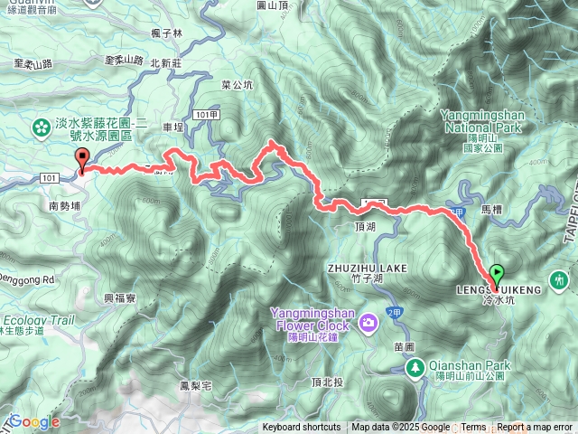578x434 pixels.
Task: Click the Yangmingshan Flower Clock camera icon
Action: click(x=368, y=323)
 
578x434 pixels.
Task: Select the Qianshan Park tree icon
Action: click(x=415, y=367)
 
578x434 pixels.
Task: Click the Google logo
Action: click(x=34, y=421)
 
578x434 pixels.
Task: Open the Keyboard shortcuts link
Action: click(x=302, y=428)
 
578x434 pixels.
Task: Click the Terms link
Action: click(x=473, y=428)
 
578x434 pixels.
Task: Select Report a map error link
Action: click(x=535, y=428)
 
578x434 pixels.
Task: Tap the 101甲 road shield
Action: click(x=207, y=114)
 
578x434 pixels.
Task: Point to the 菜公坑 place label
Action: click(x=237, y=85)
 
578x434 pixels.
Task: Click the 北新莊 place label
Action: click(x=166, y=63)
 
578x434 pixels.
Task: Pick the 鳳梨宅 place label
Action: click(x=195, y=385)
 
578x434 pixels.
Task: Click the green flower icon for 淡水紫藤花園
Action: click(x=41, y=128)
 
